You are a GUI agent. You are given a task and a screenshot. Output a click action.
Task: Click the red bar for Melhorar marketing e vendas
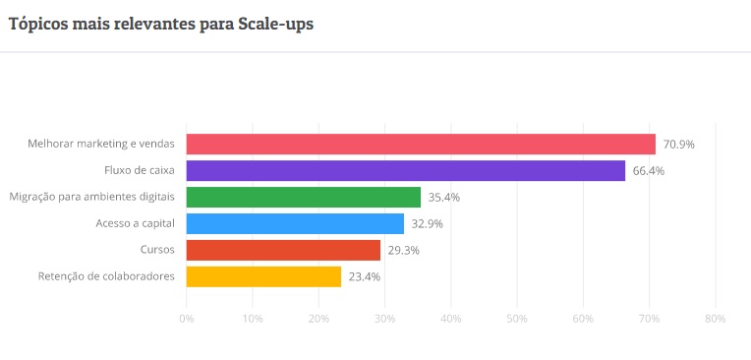[421, 144]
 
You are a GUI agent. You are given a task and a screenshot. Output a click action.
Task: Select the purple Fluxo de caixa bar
[405, 170]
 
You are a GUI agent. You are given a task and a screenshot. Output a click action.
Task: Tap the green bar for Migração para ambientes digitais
[303, 197]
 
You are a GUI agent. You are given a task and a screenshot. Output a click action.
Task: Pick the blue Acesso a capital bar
[295, 223]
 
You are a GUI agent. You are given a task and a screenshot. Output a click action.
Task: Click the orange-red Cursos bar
[283, 250]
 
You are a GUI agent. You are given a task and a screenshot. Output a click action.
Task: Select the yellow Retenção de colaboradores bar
[263, 276]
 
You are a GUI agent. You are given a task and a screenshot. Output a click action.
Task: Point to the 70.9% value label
[678, 144]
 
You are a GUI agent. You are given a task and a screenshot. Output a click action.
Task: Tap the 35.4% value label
[444, 197]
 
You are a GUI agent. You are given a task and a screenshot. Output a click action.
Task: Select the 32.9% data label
[428, 223]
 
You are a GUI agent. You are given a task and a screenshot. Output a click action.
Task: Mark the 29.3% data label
[404, 250]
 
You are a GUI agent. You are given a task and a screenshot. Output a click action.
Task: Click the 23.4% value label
[365, 276]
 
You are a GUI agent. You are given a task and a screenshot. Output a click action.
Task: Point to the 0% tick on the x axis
[186, 319]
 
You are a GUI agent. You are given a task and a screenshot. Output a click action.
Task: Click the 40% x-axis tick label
[450, 319]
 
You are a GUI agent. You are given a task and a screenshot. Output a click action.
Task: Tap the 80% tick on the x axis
[715, 319]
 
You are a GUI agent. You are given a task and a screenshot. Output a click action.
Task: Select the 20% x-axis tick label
[318, 319]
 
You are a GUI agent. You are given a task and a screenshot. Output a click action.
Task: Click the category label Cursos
[158, 250]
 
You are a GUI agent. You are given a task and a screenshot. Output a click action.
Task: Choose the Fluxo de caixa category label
[140, 170]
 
